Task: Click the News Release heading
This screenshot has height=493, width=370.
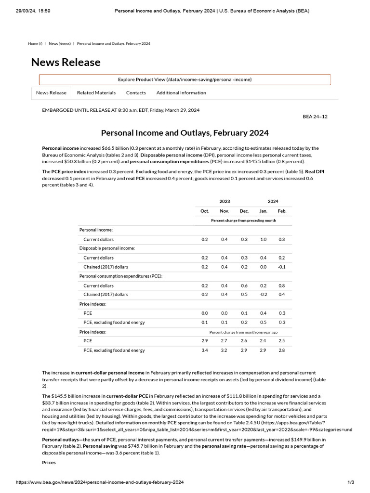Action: point(66,62)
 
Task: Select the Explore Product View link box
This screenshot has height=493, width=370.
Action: point(185,79)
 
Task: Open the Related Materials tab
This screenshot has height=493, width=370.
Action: point(96,93)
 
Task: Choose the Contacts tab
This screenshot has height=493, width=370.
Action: point(136,93)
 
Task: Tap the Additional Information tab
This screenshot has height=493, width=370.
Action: point(181,93)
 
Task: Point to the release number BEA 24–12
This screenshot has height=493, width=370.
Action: point(315,117)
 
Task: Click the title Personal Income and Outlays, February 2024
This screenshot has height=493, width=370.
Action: point(185,133)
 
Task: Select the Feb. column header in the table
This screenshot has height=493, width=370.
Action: point(282,211)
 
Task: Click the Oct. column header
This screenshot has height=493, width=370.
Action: point(205,211)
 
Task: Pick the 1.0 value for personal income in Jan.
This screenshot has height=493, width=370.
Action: point(263,239)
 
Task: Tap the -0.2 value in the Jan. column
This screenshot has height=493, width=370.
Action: point(263,295)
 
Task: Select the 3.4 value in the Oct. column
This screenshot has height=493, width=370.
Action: point(205,350)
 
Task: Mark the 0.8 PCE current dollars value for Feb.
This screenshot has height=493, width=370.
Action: point(282,285)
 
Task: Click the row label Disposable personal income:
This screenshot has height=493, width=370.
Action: point(107,248)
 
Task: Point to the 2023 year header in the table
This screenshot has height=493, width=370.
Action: point(225,201)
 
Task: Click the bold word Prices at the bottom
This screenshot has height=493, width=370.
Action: point(49,462)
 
